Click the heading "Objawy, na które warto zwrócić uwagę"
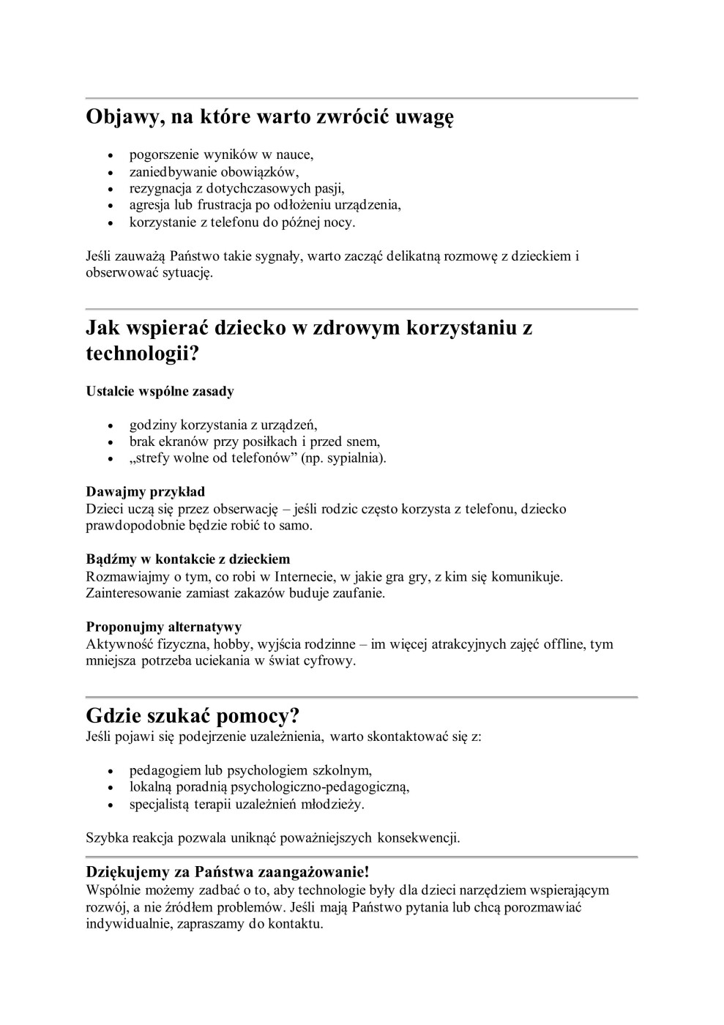point(269,117)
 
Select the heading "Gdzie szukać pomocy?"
point(193,715)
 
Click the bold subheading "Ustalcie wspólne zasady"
point(160,391)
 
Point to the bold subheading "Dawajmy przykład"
point(145,491)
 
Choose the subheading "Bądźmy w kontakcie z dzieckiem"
point(187,559)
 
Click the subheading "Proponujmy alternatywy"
point(164,627)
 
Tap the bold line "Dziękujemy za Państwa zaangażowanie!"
point(228,872)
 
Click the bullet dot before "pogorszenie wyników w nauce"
point(111,156)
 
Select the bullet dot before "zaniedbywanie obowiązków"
point(111,173)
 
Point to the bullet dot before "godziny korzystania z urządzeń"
point(111,426)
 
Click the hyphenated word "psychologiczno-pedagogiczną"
point(320,787)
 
